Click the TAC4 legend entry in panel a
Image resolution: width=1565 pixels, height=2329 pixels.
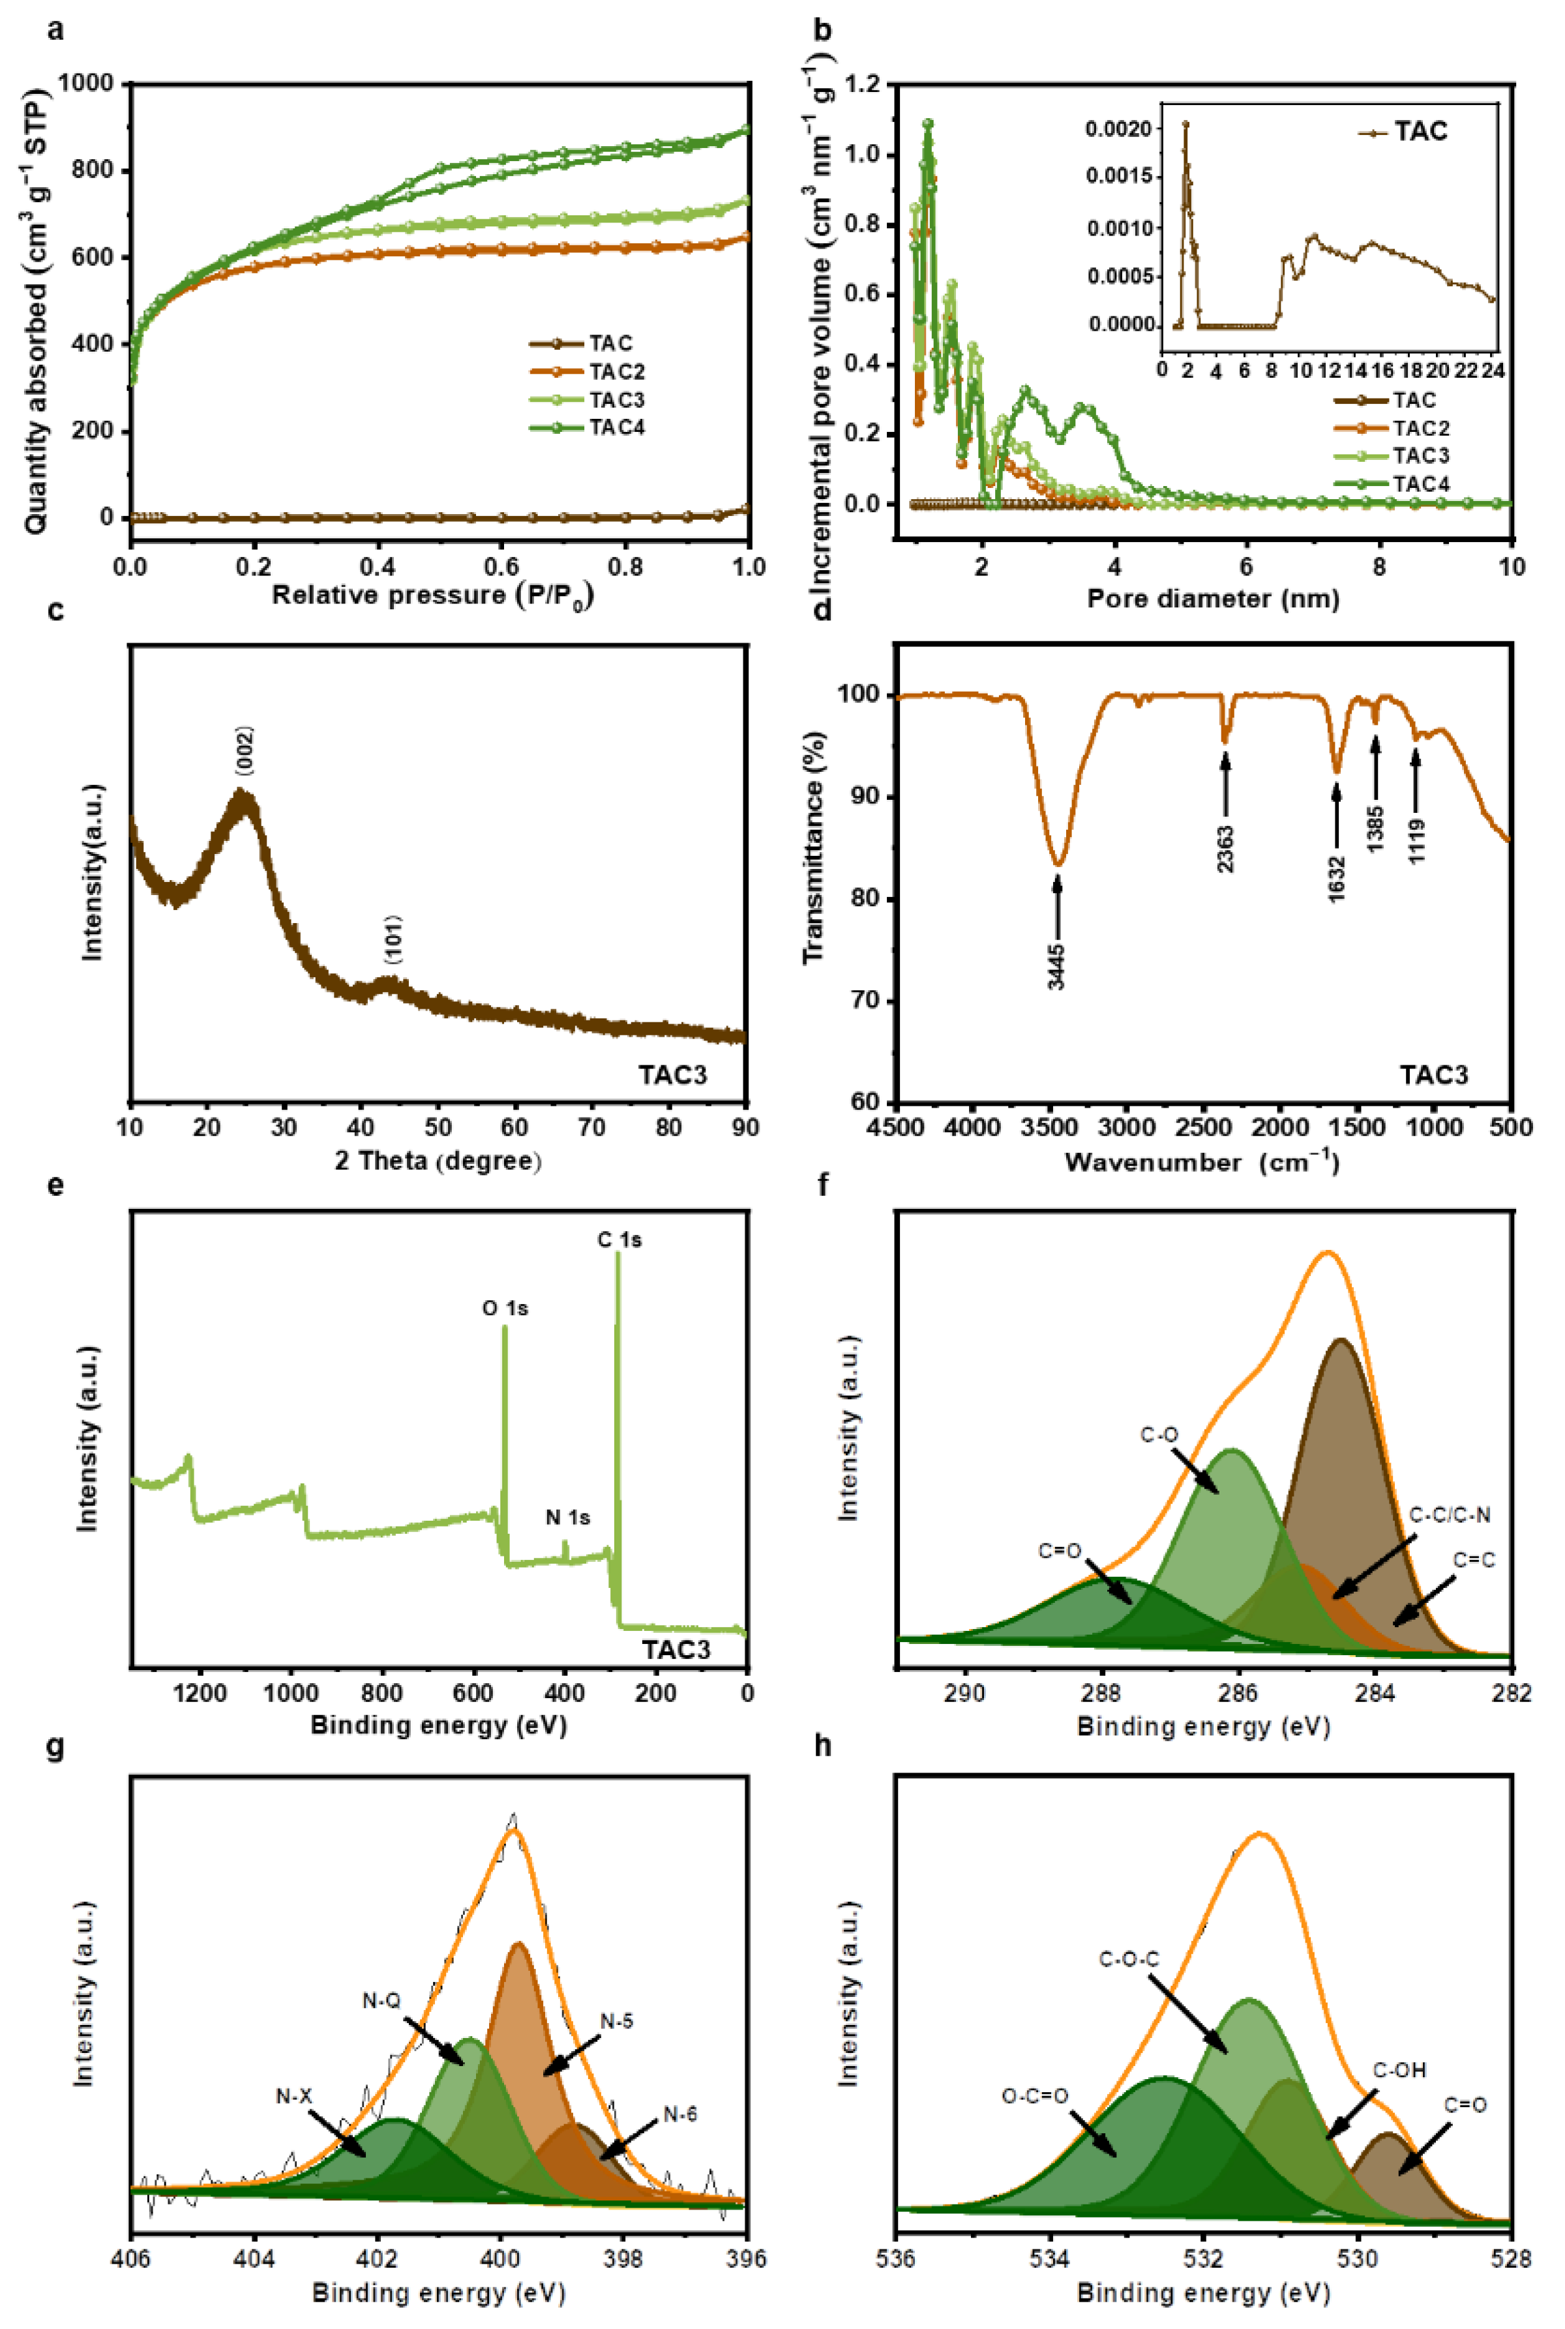[x=616, y=428]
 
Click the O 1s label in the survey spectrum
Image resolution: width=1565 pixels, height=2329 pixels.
[x=505, y=1308]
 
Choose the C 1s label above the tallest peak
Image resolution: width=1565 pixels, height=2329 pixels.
[x=619, y=1240]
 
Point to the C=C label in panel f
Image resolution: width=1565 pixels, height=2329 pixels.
[x=1473, y=1559]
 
